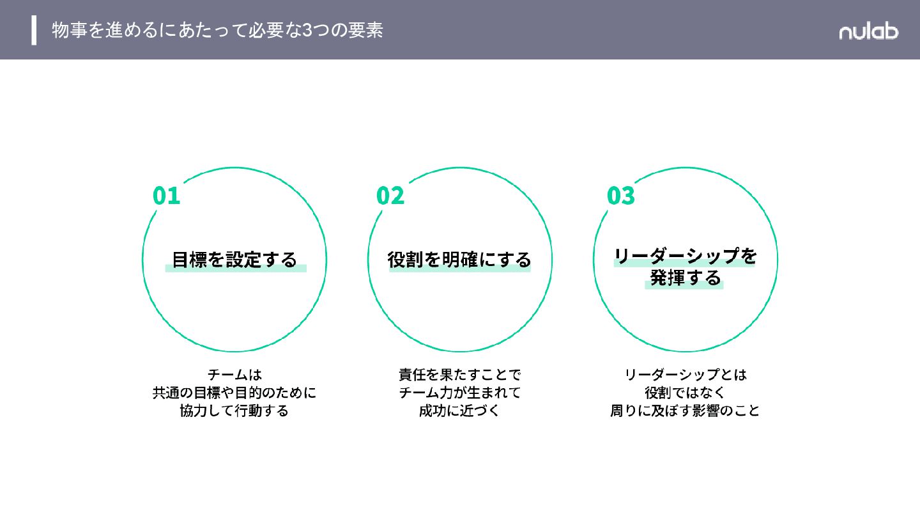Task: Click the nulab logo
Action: pos(868,31)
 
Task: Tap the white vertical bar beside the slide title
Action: pos(34,30)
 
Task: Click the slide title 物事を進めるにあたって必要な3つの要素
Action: pos(217,30)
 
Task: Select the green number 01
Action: pos(167,196)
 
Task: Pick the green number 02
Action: pos(390,196)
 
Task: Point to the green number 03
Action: pos(621,196)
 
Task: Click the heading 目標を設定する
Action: pos(234,260)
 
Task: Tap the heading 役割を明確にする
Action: pos(459,260)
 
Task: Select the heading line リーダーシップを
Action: pos(685,256)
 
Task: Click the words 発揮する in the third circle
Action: pos(685,278)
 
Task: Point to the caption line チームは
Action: pos(234,374)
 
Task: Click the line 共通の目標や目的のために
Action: pos(234,392)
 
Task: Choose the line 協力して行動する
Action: pos(234,411)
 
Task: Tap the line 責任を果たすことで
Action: pos(459,374)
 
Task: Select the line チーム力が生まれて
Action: pos(459,392)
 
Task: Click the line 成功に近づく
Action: pos(459,411)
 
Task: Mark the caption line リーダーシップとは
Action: pos(685,374)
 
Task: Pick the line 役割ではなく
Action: pos(685,392)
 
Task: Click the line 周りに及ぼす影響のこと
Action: pos(685,411)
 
